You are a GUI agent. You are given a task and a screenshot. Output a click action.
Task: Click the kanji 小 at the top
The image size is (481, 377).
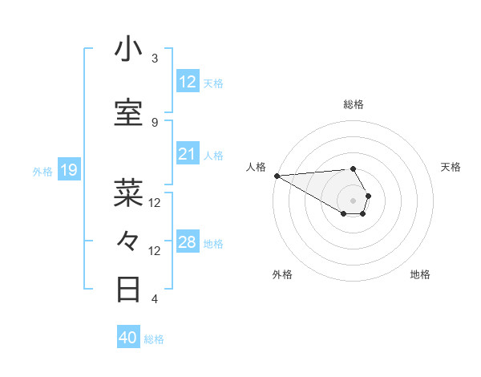pyautogui.click(x=128, y=50)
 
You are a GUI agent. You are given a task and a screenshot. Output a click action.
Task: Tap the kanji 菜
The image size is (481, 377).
pyautogui.click(x=128, y=193)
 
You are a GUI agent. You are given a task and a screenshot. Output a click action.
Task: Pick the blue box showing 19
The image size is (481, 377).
pyautogui.click(x=68, y=170)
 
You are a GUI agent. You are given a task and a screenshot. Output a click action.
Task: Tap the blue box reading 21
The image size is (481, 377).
pyautogui.click(x=188, y=154)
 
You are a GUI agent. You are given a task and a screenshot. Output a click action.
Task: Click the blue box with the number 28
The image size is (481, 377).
pyautogui.click(x=188, y=242)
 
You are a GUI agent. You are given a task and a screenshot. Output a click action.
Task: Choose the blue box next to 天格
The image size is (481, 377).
pyautogui.click(x=188, y=82)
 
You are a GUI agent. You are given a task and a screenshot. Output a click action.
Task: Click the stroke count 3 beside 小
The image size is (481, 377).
pyautogui.click(x=155, y=59)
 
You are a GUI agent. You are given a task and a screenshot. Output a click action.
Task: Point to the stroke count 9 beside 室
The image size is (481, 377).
pyautogui.click(x=155, y=122)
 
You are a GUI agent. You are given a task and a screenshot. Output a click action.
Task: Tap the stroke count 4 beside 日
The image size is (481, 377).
pyautogui.click(x=155, y=299)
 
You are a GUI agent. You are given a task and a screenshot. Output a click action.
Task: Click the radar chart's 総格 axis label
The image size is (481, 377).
pyautogui.click(x=353, y=104)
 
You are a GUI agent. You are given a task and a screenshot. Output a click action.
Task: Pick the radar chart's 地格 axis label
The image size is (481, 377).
pyautogui.click(x=420, y=274)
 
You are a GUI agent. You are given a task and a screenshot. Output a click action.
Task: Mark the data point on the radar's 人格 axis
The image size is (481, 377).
pyautogui.click(x=276, y=176)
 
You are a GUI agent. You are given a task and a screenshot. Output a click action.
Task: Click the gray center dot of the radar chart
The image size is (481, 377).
pyautogui.click(x=353, y=200)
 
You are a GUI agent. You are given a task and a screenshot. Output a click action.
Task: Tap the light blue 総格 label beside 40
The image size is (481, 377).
pyautogui.click(x=154, y=339)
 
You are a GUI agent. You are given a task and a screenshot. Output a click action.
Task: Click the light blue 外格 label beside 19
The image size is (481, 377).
pyautogui.click(x=42, y=171)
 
